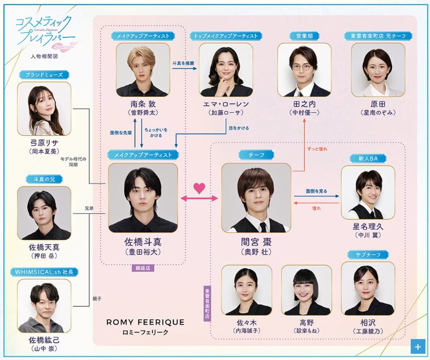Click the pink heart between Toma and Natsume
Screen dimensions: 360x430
[198, 188]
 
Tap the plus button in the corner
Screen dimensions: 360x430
[418, 346]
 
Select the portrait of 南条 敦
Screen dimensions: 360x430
[143, 70]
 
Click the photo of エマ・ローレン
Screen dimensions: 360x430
[226, 70]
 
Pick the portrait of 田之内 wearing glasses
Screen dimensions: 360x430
[304, 70]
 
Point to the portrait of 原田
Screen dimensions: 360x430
[378, 70]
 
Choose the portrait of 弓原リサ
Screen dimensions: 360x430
[44, 109]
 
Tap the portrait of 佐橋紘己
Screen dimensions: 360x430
[44, 306]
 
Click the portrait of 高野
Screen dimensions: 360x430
[306, 290]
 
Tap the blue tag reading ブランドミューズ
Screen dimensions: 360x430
[44, 75]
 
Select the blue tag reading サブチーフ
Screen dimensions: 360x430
[368, 255]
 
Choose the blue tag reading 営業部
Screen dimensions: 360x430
[304, 36]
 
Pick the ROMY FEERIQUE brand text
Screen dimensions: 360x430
[146, 322]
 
